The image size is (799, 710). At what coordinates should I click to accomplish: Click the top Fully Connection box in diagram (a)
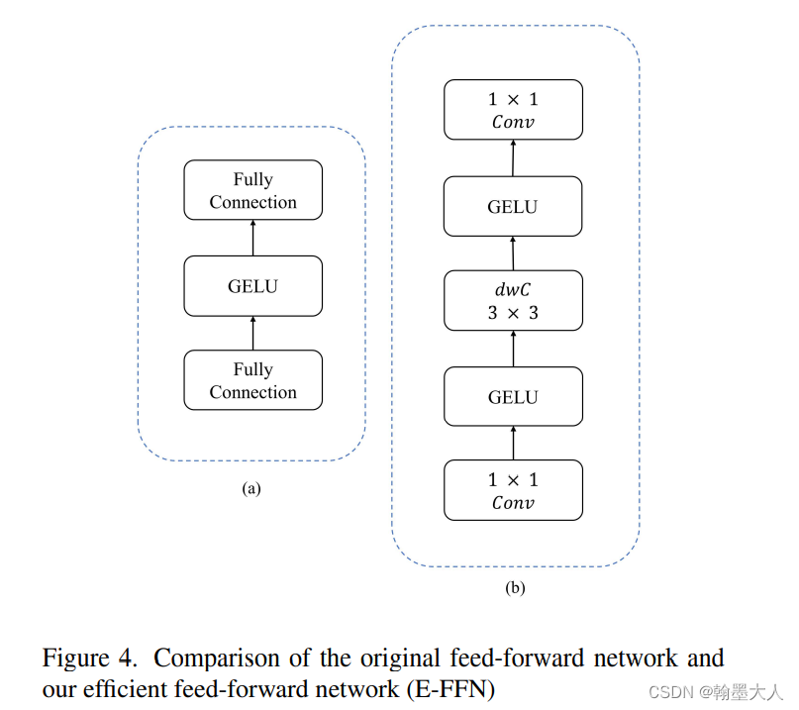pos(252,190)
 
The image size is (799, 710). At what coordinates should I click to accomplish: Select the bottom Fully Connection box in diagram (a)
pos(252,380)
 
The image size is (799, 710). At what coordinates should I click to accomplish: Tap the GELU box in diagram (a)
pos(252,286)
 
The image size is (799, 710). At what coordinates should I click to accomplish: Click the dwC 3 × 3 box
pos(513,301)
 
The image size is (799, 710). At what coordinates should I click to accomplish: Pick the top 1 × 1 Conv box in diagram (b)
pos(513,110)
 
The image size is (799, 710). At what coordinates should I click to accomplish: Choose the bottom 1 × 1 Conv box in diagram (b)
pos(513,490)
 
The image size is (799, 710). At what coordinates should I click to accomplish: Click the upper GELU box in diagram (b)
pos(513,206)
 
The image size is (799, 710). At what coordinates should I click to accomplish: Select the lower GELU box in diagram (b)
pos(513,397)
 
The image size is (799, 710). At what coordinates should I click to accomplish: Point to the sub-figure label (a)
pos(251,488)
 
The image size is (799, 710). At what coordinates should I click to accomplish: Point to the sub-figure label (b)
pos(515,588)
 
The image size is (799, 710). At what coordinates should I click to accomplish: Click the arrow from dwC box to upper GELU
pos(513,254)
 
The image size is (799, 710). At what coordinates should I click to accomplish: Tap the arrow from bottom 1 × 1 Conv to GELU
pos(513,444)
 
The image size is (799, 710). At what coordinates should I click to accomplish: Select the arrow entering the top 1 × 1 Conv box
pos(513,158)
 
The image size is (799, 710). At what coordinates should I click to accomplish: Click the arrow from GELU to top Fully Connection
pos(252,238)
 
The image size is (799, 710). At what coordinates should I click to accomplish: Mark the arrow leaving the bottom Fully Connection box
pos(252,334)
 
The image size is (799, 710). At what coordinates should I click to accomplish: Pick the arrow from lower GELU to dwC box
pos(513,349)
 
